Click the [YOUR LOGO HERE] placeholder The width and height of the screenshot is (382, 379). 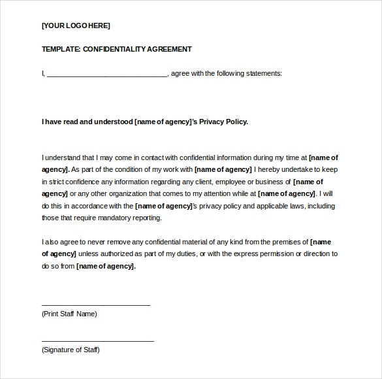point(76,25)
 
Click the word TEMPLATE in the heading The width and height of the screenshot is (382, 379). point(61,49)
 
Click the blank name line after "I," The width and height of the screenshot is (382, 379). point(107,74)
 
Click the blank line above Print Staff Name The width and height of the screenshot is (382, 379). point(96,305)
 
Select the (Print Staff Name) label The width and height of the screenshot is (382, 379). point(69,314)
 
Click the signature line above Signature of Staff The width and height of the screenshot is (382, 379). point(98,340)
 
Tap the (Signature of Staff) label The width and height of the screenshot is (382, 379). point(71,350)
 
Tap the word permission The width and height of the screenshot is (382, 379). point(276,254)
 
